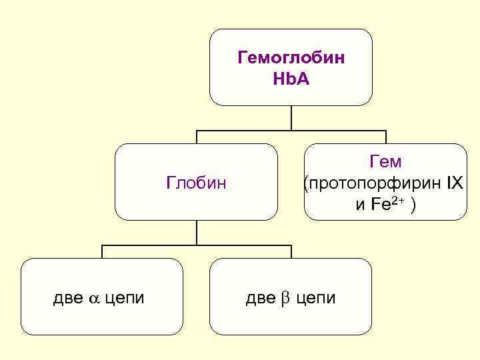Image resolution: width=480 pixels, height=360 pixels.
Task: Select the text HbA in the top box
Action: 291,79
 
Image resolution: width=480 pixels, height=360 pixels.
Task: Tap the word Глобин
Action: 196,182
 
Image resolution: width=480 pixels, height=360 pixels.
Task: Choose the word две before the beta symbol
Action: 259,297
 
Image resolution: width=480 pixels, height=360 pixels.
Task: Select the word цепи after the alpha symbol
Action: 125,297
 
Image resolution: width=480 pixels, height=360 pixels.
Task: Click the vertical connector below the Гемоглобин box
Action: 291,117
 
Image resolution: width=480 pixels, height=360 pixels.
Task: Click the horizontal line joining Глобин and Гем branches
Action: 291,130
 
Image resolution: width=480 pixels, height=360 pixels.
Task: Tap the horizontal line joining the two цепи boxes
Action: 197,245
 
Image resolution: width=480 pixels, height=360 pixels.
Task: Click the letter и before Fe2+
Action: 361,204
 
